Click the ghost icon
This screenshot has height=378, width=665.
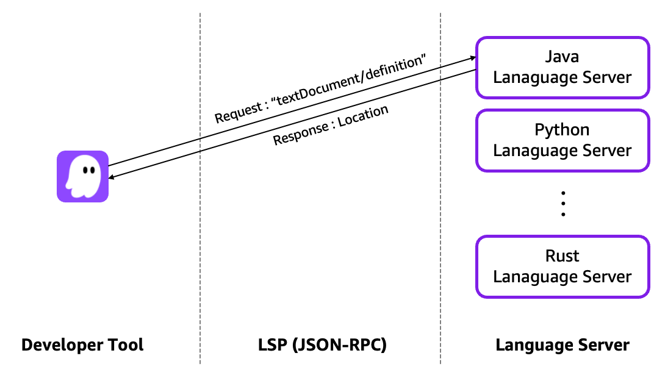[x=82, y=176]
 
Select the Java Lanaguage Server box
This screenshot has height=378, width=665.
[x=562, y=67]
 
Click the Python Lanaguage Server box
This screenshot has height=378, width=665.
[x=562, y=140]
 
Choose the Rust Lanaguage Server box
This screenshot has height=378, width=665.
[x=562, y=266]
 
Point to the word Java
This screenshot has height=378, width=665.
[x=562, y=57]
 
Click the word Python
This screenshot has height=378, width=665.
[x=562, y=130]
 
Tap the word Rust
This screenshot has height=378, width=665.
[x=562, y=256]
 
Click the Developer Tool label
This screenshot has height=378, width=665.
[x=82, y=345]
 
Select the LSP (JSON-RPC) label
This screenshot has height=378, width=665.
[x=322, y=345]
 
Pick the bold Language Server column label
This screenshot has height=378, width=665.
[x=562, y=345]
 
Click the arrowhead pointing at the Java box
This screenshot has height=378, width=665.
[x=472, y=58]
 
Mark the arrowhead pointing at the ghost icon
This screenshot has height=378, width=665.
[x=112, y=177]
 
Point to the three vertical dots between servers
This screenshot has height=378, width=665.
[x=563, y=204]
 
